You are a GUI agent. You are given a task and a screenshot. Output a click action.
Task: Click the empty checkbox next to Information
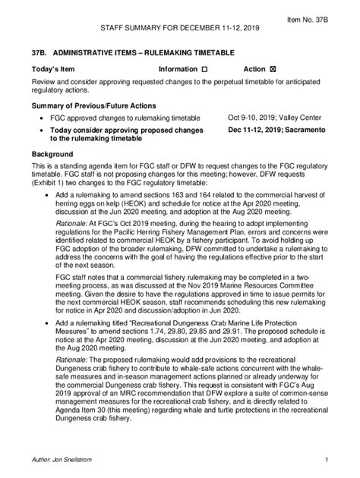click(x=204, y=69)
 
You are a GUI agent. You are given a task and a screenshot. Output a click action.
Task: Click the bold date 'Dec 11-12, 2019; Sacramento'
click(x=276, y=130)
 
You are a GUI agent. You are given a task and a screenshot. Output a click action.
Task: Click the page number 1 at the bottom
click(x=325, y=460)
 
